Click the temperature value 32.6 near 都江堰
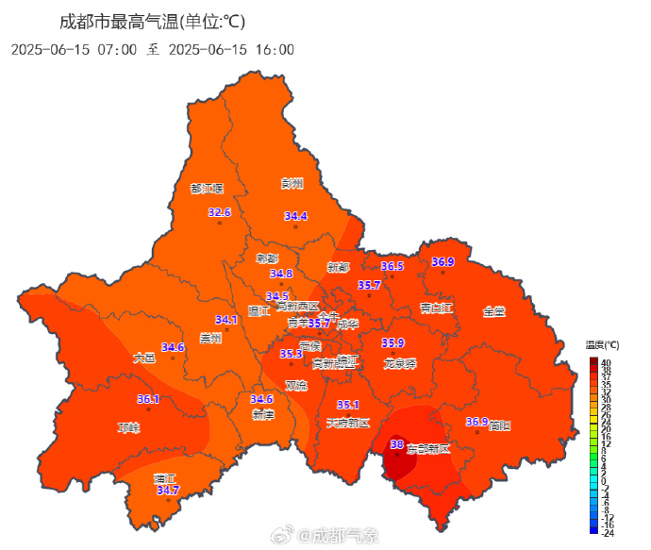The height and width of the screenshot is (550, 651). coord(219,212)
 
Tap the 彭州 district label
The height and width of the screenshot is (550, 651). coord(292,183)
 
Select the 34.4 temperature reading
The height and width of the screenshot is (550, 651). coord(296,216)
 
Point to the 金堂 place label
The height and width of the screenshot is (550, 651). coord(493,310)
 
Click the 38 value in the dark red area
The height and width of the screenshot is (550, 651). coord(396,443)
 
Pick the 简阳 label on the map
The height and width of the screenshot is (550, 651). coord(500,426)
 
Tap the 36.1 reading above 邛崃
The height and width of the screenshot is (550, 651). coord(148,399)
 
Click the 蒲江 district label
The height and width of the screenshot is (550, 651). coord(165,477)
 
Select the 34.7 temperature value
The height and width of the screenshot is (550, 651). coord(168,491)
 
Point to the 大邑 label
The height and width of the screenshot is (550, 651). coord(143,358)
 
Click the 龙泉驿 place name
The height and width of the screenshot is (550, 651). coord(400,363)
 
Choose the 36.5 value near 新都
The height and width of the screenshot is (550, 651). coord(392,267)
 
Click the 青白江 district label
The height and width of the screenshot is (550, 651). coord(438,308)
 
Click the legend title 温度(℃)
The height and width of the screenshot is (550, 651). coord(602,345)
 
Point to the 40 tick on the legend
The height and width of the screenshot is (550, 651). coord(607,361)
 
